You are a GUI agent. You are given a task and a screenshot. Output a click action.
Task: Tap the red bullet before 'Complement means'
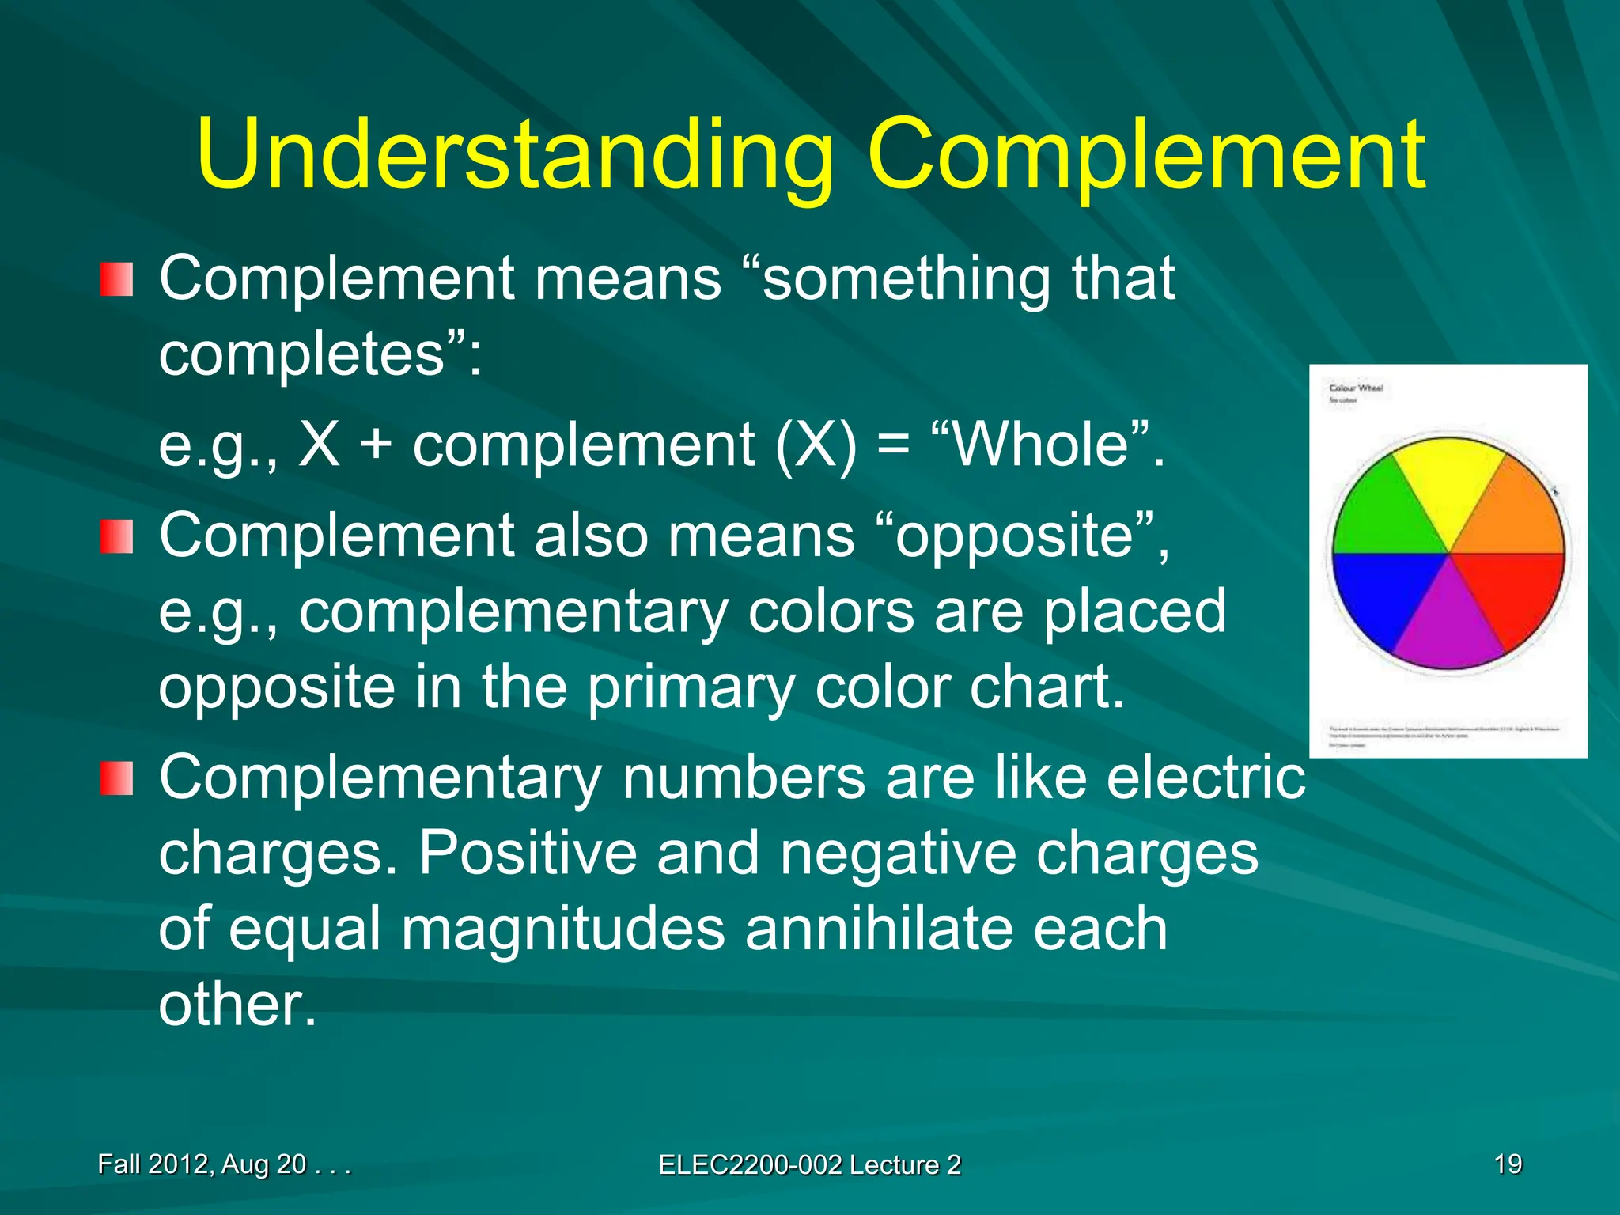[x=116, y=280]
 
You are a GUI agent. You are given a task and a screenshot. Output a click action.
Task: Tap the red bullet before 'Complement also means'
[x=116, y=537]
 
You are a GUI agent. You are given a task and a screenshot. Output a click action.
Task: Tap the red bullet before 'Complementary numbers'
[x=116, y=779]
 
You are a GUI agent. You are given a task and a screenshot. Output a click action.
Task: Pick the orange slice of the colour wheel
[x=1515, y=514]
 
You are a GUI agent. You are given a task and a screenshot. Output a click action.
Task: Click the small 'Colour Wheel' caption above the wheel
[x=1356, y=388]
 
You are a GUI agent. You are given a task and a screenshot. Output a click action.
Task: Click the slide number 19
[x=1508, y=1164]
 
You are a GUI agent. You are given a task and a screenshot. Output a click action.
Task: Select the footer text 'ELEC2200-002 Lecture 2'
[x=810, y=1165]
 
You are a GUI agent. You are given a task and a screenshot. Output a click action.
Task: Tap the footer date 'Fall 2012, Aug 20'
[x=202, y=1164]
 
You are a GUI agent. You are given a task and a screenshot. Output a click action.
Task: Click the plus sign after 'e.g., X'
[x=377, y=445]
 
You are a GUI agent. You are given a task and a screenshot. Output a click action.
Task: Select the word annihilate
[x=956, y=929]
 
